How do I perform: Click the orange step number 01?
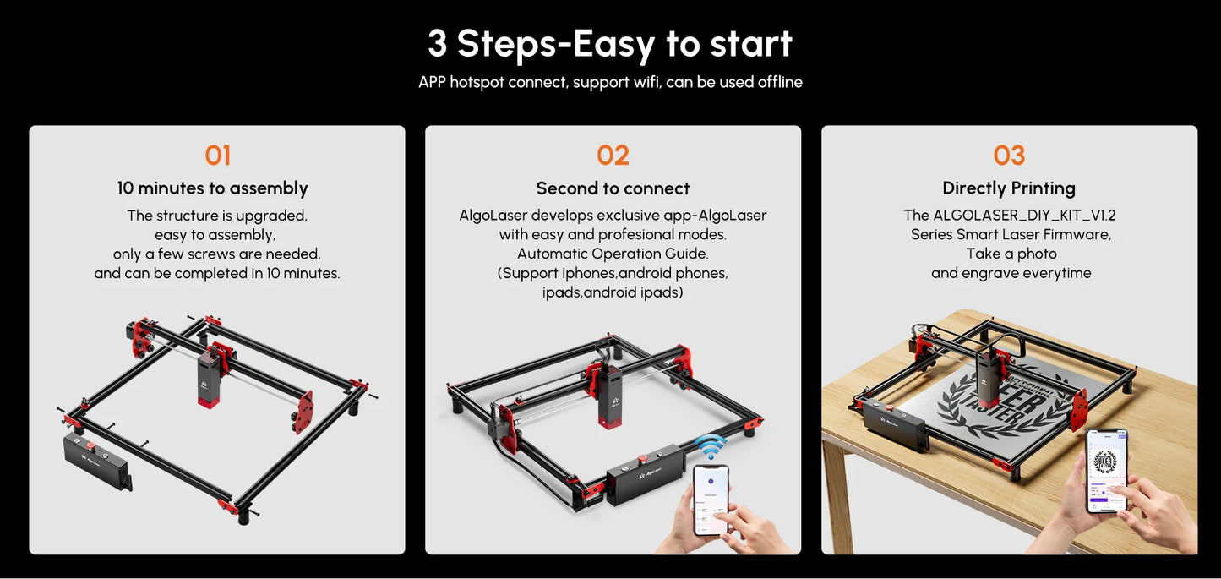pos(217,156)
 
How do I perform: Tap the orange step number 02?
pos(613,156)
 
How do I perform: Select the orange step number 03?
pos(1009,156)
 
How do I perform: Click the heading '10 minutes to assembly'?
pos(212,188)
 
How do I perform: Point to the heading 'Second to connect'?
pos(613,188)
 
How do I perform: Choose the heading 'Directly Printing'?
pos(1009,188)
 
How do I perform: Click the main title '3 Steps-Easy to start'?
pos(609,44)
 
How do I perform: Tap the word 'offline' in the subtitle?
pos(779,82)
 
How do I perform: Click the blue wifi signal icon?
pos(711,447)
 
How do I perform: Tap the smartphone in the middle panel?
pos(710,499)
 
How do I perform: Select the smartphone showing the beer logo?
pos(1105,470)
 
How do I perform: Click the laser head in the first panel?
pos(209,379)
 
